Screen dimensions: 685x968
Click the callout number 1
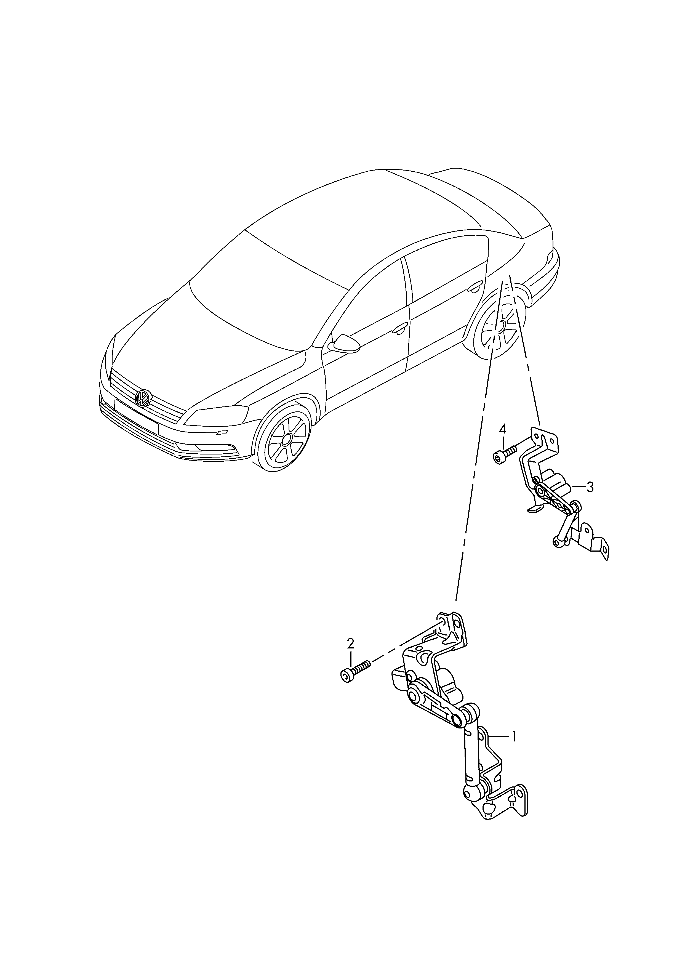tap(514, 737)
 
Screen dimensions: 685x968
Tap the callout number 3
tap(590, 487)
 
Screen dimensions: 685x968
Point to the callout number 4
tap(502, 430)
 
